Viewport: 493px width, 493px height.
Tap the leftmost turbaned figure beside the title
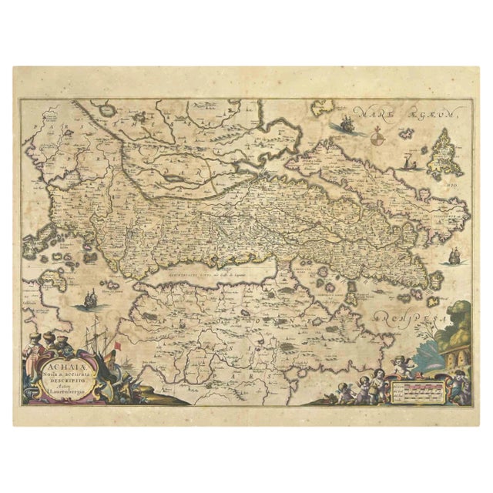32,343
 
